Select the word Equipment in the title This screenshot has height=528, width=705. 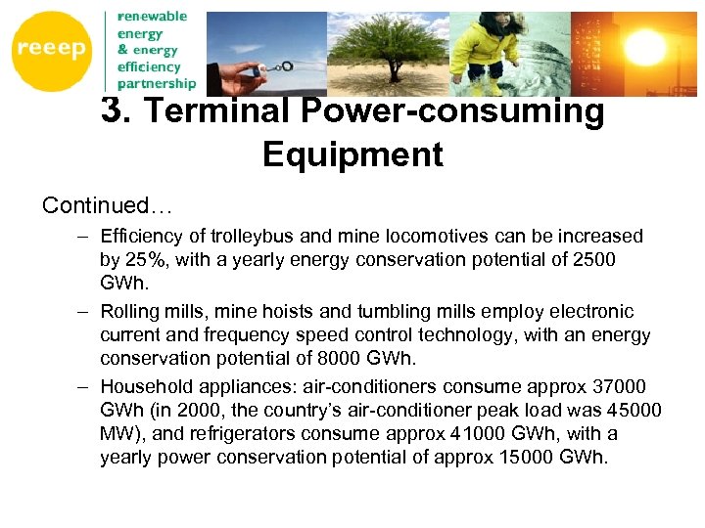click(352, 154)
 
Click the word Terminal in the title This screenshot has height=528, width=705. click(217, 111)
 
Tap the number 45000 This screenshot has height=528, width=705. click(634, 410)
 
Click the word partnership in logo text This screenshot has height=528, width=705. click(157, 84)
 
